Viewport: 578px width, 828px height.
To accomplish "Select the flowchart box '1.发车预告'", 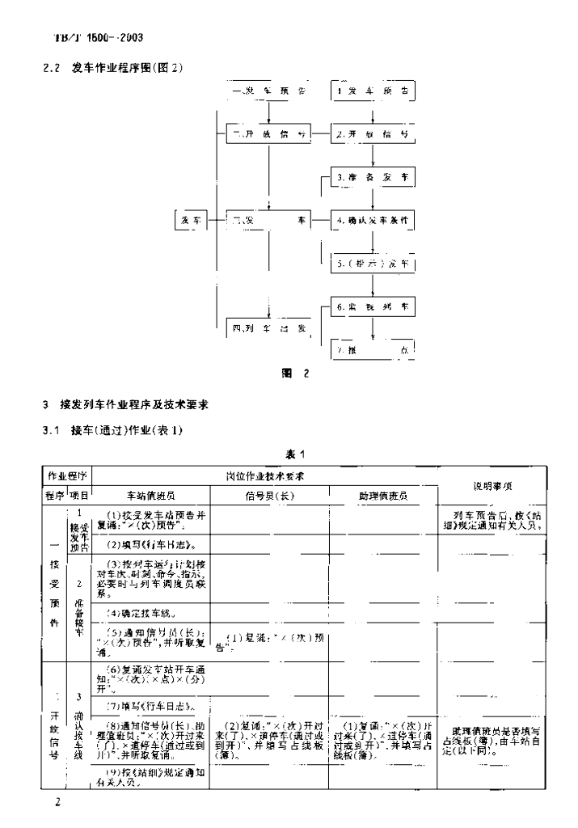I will (x=373, y=91).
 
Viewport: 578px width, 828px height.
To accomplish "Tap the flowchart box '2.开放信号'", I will (x=373, y=134).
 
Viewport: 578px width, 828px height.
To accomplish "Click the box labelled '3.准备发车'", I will (x=373, y=176).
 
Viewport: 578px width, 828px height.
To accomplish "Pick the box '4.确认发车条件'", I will (x=373, y=219).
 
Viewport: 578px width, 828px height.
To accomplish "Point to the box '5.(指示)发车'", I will (x=373, y=264).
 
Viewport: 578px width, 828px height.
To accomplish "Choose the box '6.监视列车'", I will (x=373, y=307).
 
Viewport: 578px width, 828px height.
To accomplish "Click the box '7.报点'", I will (x=373, y=351).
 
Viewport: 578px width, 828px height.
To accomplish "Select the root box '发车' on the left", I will (x=192, y=220).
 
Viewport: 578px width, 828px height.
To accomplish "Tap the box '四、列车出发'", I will (x=266, y=328).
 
